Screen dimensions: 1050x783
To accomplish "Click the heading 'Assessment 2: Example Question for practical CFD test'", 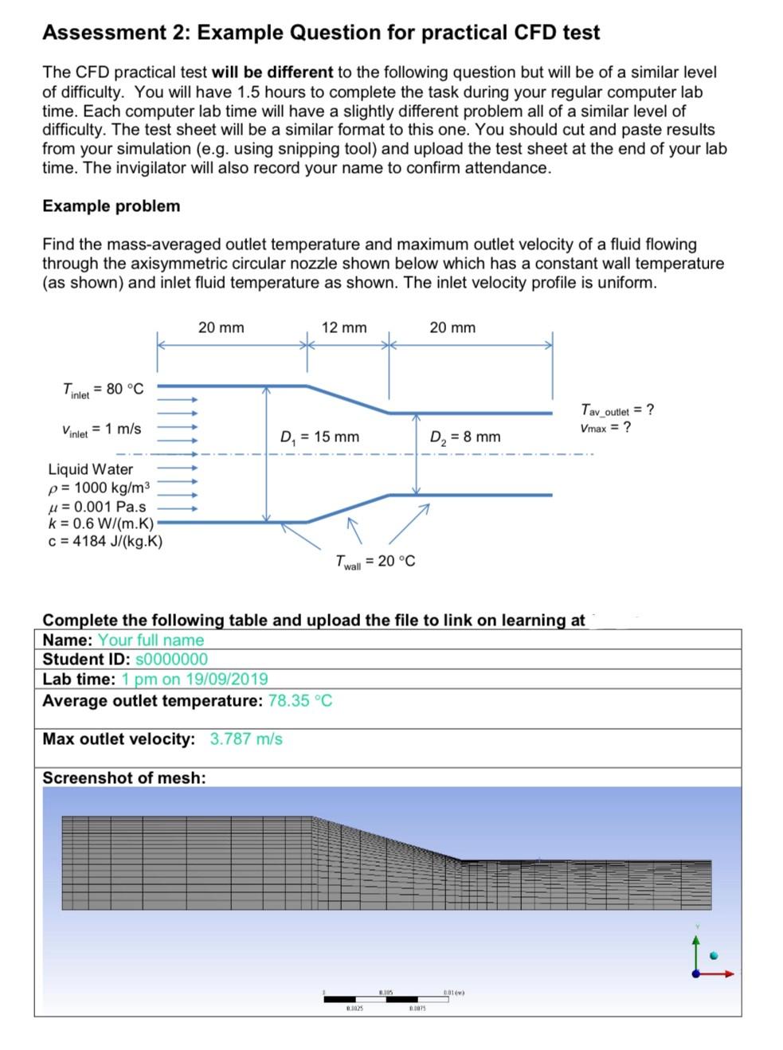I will click(x=320, y=33).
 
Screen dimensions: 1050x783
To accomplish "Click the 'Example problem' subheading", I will click(x=112, y=206).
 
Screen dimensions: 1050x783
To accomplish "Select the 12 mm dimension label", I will click(x=344, y=327).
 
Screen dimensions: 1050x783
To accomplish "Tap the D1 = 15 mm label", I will click(x=319, y=437).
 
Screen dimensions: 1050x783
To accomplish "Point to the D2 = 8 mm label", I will click(x=465, y=437).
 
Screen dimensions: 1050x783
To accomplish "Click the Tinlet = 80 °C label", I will click(x=103, y=390).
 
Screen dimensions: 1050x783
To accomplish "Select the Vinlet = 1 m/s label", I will click(x=101, y=429).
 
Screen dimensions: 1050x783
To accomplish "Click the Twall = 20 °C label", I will click(x=375, y=562).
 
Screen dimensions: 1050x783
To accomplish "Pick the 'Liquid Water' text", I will click(x=90, y=469).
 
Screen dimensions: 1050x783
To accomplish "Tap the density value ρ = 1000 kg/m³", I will click(x=99, y=488).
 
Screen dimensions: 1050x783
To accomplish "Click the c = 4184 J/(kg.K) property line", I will click(x=105, y=542).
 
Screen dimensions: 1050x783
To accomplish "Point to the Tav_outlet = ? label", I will click(x=617, y=410).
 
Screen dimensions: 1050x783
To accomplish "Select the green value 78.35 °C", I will click(x=300, y=701).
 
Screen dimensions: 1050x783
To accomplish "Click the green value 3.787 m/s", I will click(x=246, y=739).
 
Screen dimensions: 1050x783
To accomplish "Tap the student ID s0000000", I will click(x=172, y=660).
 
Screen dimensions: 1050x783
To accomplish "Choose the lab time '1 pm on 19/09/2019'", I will click(x=194, y=680).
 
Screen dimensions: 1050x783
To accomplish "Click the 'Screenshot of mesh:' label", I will click(x=123, y=778).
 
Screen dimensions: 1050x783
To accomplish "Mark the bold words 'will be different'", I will click(x=272, y=72).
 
